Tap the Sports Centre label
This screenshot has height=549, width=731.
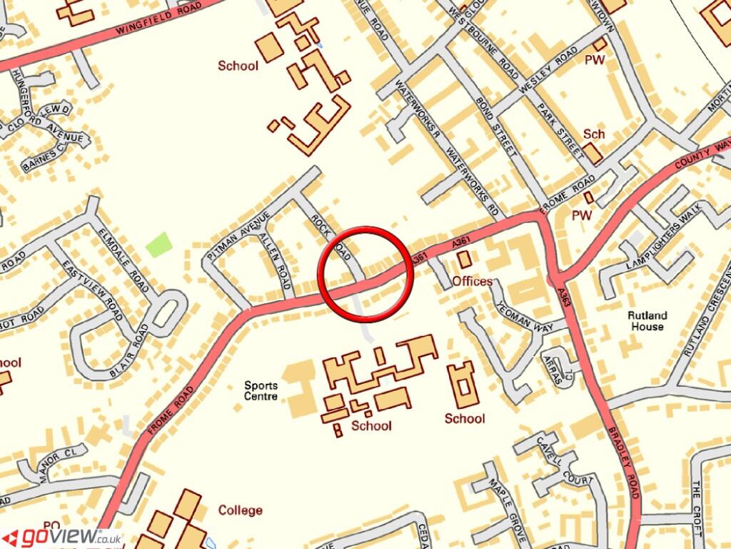pos(261,390)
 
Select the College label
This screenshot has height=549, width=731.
pos(241,510)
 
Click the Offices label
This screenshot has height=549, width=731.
pos(473,281)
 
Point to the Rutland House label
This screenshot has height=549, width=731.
pos(647,321)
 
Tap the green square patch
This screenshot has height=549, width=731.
pos(158,244)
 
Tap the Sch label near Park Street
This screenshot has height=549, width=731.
pos(594,134)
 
